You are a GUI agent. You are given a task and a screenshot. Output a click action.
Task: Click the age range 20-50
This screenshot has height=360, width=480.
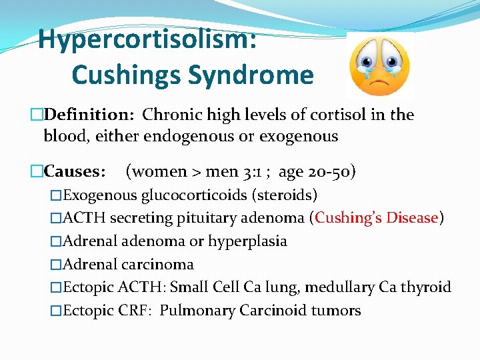pos(331,171)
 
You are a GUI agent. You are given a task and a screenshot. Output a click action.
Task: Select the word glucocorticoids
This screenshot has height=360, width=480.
pos(194,195)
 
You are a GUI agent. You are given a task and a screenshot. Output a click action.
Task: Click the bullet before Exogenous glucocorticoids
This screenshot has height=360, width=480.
pos(56,195)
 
